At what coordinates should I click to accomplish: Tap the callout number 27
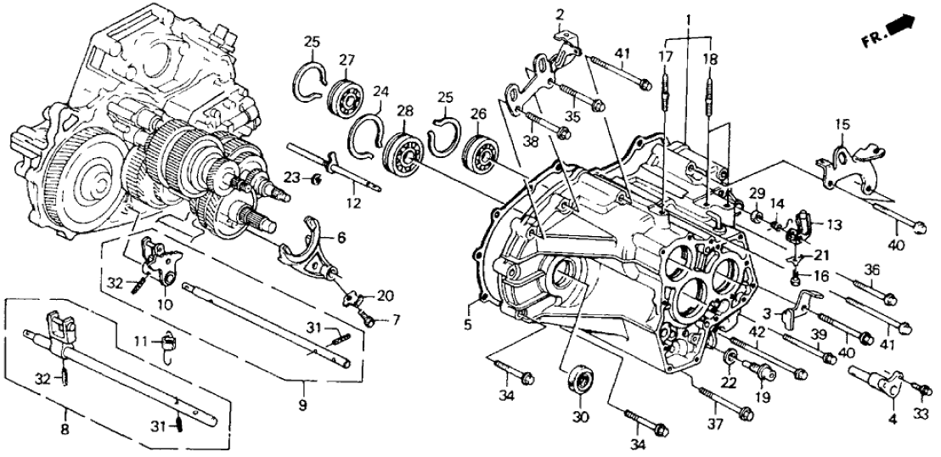click(x=347, y=59)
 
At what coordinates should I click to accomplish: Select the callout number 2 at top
click(x=560, y=14)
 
